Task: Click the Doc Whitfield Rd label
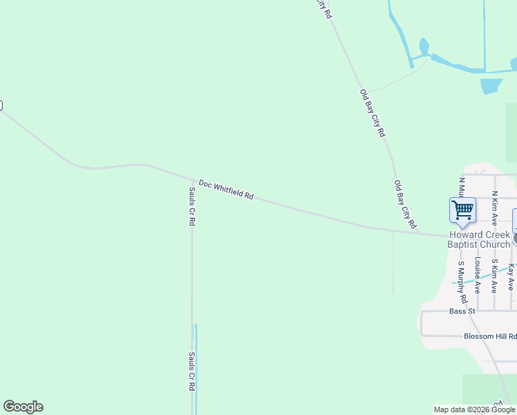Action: [226, 190]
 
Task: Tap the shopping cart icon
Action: [462, 209]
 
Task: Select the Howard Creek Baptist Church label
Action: [479, 239]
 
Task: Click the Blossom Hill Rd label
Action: [489, 336]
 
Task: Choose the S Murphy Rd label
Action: [463, 283]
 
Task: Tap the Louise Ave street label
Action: [478, 277]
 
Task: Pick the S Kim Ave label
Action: [495, 276]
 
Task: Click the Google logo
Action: [23, 407]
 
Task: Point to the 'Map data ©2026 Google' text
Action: [474, 409]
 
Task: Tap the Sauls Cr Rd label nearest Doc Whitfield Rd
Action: [192, 207]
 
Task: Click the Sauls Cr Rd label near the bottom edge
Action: [192, 372]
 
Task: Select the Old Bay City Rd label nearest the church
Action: [405, 204]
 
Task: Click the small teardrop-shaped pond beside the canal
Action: [424, 47]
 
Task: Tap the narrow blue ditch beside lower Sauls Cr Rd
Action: [196, 367]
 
